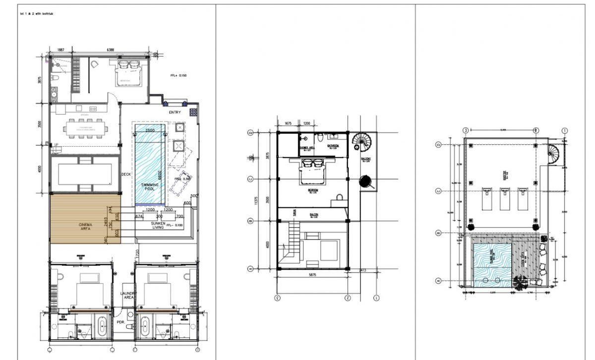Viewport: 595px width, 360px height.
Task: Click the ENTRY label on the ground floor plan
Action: (x=175, y=113)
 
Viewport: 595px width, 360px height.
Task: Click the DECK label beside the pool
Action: (x=126, y=174)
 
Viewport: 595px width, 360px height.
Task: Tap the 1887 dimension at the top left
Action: (x=60, y=50)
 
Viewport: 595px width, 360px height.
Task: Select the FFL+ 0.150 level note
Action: (x=180, y=76)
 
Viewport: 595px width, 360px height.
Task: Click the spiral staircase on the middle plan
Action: (x=361, y=142)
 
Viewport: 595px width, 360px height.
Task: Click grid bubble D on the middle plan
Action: (x=250, y=133)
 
